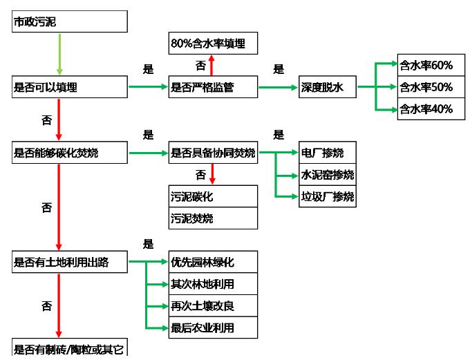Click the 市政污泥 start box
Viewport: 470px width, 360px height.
70,22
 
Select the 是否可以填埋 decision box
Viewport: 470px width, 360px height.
70,87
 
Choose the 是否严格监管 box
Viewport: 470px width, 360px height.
213,87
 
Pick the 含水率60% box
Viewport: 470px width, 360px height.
426,66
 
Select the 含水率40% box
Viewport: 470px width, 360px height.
426,109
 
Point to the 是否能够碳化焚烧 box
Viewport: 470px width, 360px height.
70,153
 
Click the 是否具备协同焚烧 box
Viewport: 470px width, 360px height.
213,153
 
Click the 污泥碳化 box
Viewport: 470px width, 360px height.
213,196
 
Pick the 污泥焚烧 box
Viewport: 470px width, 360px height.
213,218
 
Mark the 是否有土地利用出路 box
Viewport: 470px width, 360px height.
70,262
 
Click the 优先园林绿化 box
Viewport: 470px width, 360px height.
213,262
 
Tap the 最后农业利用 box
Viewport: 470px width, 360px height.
213,327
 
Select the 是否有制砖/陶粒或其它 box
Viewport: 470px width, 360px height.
70,348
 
